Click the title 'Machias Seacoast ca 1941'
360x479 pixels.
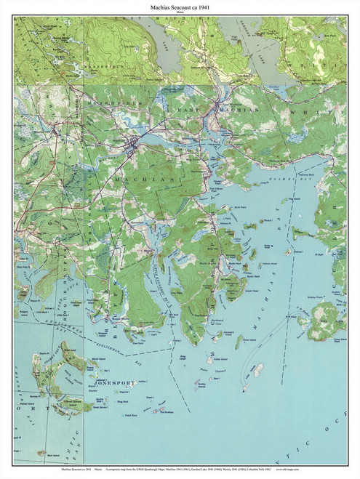[179, 7]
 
